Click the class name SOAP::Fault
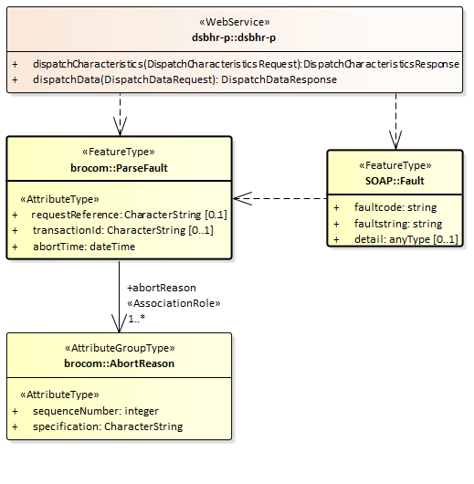pos(395,181)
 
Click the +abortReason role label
pos(161,288)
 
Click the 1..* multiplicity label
pos(138,319)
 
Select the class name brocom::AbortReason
pos(119,363)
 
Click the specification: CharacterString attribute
pos(107,426)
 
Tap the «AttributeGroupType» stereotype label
pos(119,348)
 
